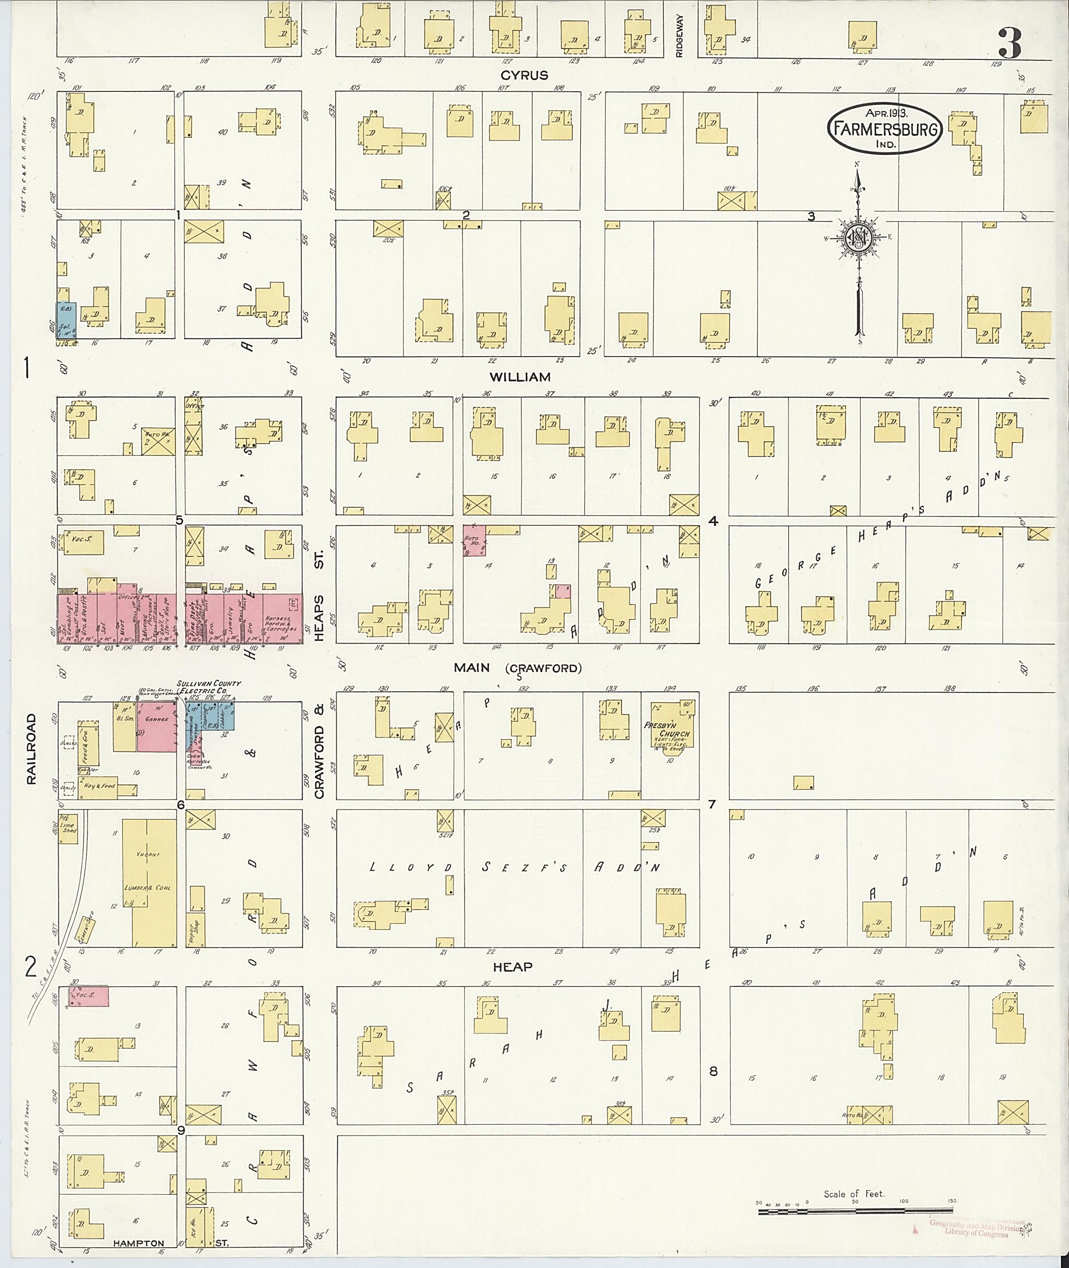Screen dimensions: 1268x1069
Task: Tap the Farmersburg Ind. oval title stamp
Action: pos(885,128)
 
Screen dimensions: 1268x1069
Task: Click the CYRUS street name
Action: pos(524,75)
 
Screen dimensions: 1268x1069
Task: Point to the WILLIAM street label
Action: pos(520,377)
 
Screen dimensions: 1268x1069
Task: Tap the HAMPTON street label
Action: pos(138,1242)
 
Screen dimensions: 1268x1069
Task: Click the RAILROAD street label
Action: pos(31,749)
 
